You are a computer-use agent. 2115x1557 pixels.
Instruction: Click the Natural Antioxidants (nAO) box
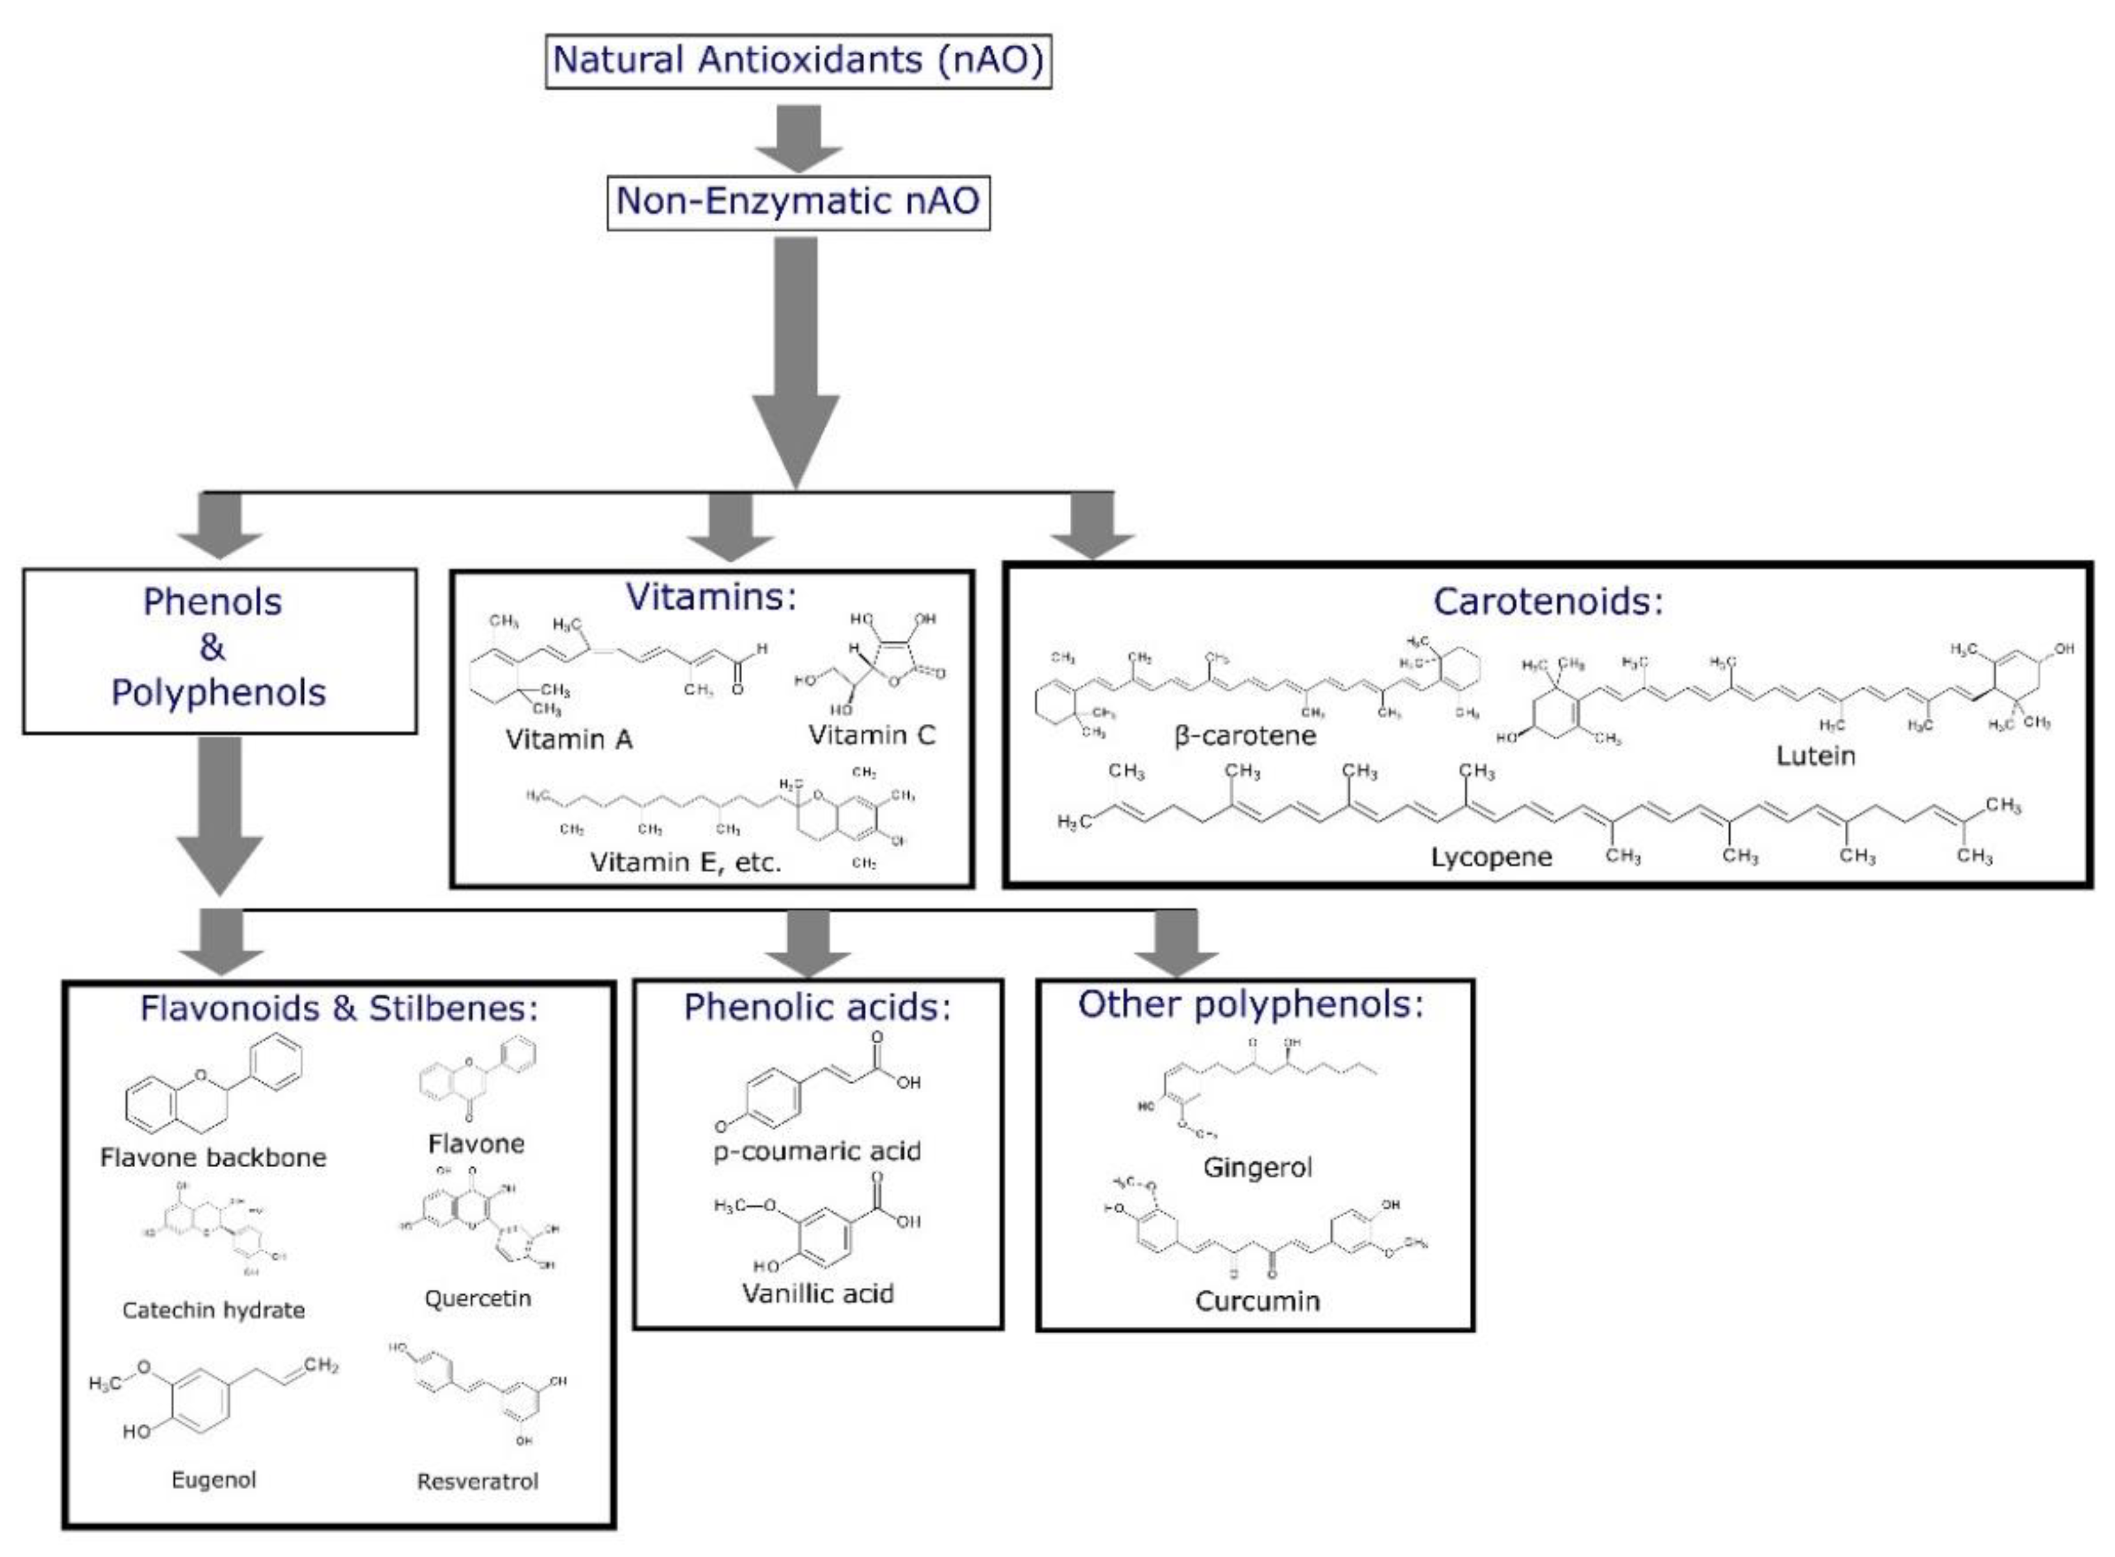pyautogui.click(x=798, y=60)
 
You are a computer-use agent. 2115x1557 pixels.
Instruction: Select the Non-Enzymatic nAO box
pyautogui.click(x=798, y=200)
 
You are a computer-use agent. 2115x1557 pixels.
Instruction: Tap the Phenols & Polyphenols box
pyautogui.click(x=219, y=649)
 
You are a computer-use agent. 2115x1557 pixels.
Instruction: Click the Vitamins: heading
pyautogui.click(x=711, y=597)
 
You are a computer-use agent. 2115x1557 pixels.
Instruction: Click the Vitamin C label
pyautogui.click(x=871, y=735)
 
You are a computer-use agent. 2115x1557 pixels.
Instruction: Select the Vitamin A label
pyautogui.click(x=569, y=740)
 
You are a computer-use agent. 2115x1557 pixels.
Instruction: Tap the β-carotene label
pyautogui.click(x=1244, y=735)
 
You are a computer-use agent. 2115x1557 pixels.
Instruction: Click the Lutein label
pyautogui.click(x=1815, y=756)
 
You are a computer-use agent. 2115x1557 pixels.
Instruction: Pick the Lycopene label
pyautogui.click(x=1490, y=857)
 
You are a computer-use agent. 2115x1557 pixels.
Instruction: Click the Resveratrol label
pyautogui.click(x=477, y=1480)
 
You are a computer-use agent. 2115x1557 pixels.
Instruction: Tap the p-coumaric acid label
pyautogui.click(x=817, y=1151)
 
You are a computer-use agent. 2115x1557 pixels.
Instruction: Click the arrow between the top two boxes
pyautogui.click(x=798, y=138)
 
